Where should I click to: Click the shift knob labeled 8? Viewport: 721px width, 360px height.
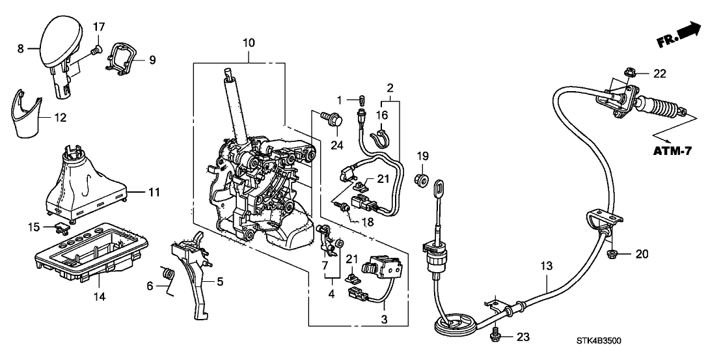[58, 42]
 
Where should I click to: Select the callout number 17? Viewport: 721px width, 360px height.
[98, 27]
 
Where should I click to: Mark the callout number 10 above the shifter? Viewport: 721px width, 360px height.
[249, 43]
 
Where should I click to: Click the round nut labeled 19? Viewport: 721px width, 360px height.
[421, 178]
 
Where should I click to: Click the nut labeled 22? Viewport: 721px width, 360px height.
[630, 73]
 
